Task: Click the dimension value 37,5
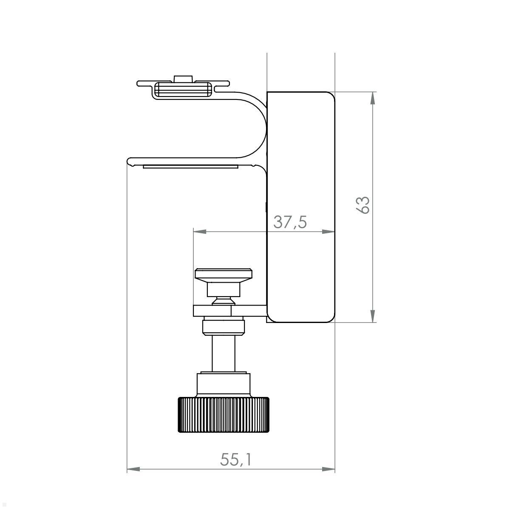(290, 222)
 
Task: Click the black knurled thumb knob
(224, 414)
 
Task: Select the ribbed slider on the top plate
(183, 89)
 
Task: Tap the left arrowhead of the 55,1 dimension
(133, 469)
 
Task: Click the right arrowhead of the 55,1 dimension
(329, 469)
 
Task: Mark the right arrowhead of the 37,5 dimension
(329, 232)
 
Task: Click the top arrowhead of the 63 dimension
(373, 98)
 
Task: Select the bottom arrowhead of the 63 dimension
(373, 316)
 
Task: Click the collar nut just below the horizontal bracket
(224, 327)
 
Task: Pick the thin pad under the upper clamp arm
(190, 167)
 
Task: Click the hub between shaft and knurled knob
(224, 384)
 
